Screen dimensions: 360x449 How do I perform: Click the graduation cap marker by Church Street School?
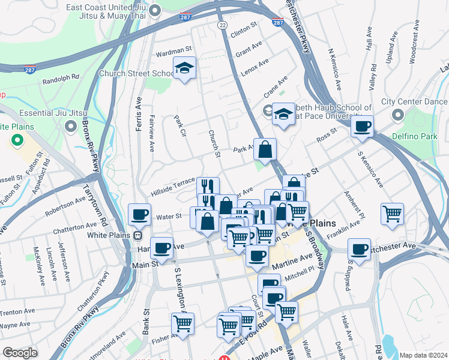pos(185,69)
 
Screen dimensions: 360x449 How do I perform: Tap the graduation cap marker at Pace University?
pos(283,115)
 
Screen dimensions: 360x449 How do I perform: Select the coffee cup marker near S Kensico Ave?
pos(362,127)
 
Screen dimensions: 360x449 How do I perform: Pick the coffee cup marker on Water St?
pos(140,214)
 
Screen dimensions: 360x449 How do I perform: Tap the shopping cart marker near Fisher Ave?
pos(182,324)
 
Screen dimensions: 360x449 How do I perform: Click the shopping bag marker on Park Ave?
pos(265,150)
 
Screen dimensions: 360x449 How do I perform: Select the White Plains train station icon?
pos(137,235)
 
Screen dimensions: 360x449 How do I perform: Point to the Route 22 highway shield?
pos(222,25)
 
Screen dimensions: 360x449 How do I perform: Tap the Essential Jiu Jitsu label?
pos(53,113)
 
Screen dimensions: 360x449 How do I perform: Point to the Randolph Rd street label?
pos(60,77)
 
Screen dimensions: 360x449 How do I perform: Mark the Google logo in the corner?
pos(20,353)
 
